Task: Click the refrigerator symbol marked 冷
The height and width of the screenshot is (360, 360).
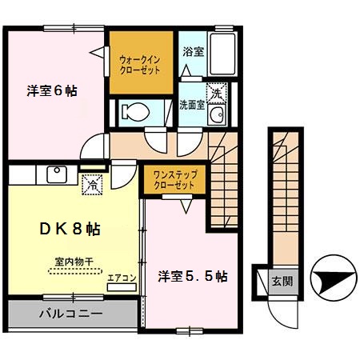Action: (x=94, y=184)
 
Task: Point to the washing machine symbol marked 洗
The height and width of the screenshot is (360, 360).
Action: (x=214, y=92)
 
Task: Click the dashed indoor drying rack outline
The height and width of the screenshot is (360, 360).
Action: (x=74, y=271)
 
